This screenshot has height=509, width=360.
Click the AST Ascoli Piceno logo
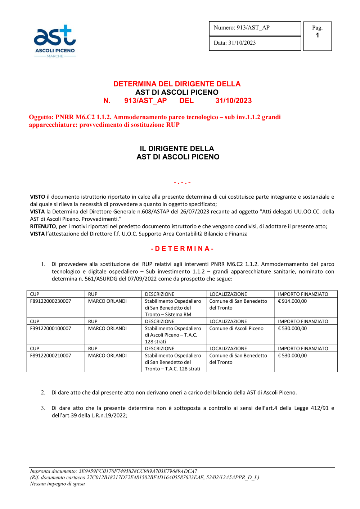(55, 41)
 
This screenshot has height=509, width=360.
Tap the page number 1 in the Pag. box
(317, 35)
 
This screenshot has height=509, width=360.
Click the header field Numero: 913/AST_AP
(242, 28)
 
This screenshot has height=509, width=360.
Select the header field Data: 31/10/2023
(235, 43)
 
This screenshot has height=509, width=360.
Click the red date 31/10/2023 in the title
(233, 101)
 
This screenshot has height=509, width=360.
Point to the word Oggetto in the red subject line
(41, 117)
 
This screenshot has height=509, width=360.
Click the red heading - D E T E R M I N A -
(183, 249)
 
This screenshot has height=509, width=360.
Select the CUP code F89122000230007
(51, 301)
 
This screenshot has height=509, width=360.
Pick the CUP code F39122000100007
(51, 328)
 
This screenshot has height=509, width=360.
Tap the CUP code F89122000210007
(51, 356)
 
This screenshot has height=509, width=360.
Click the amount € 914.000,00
(292, 301)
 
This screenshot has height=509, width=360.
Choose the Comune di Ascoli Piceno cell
(236, 328)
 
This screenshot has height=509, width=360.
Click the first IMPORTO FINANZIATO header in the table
(303, 294)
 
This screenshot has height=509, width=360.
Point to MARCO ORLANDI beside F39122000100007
(107, 328)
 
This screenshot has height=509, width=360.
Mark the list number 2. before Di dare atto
(43, 392)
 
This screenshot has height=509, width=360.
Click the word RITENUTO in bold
(43, 226)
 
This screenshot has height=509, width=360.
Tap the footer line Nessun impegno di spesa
(57, 484)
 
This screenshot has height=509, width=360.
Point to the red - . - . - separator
(182, 183)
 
